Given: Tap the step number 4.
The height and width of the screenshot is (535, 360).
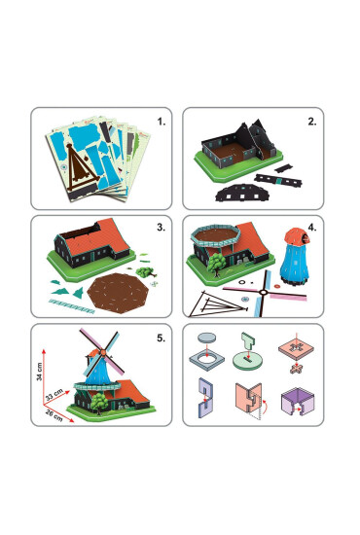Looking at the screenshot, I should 311,232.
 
